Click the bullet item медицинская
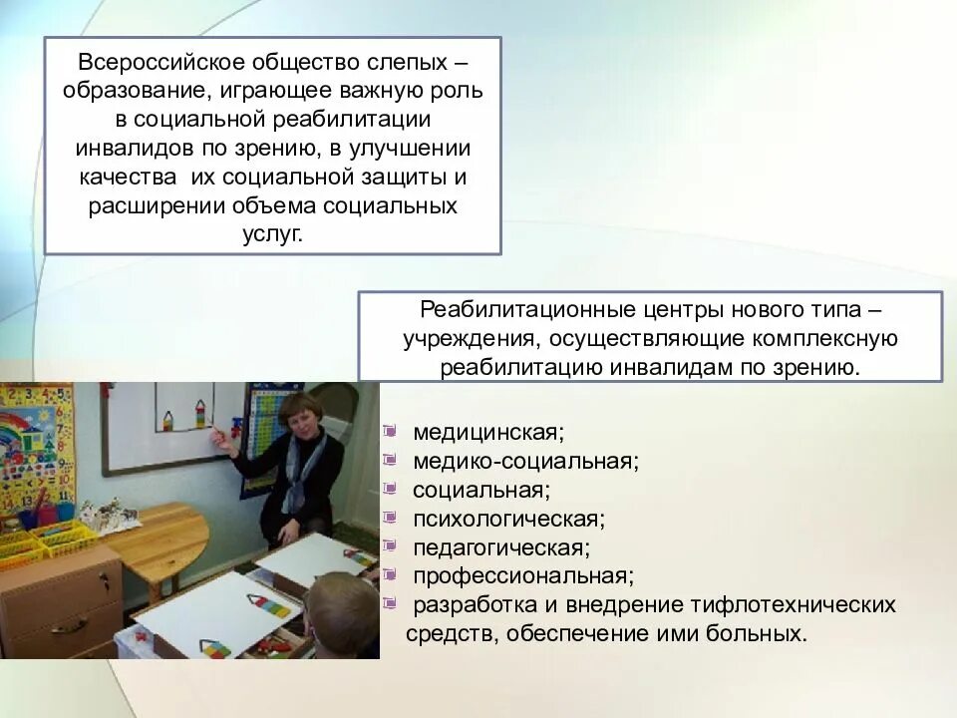click(x=488, y=433)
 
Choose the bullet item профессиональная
click(x=523, y=576)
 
